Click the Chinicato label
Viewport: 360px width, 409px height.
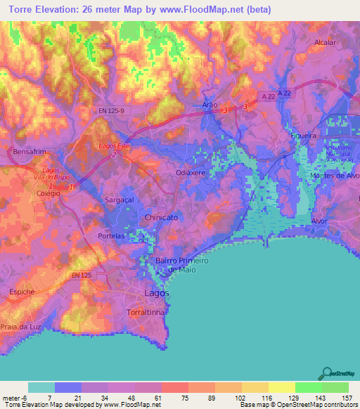(164, 219)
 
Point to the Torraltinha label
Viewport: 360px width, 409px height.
(146, 311)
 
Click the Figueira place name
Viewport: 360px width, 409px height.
(304, 135)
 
